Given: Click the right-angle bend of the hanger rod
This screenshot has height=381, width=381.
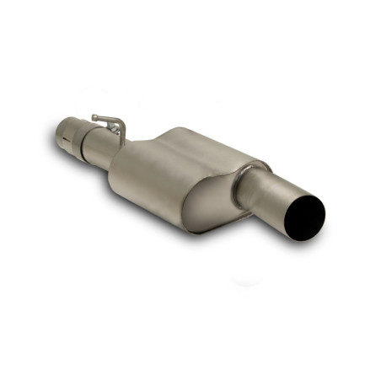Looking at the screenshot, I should coord(117,121).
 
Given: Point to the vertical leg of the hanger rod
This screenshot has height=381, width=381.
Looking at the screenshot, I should coord(122,131).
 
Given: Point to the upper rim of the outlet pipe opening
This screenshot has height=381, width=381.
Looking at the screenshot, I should coord(308,198).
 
